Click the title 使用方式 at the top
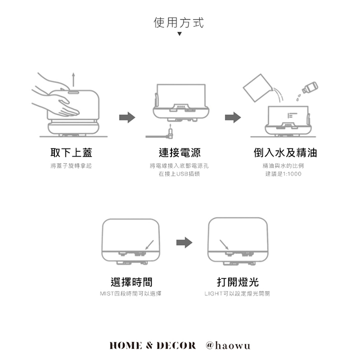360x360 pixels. [178, 22]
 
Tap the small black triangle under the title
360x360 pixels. [179, 34]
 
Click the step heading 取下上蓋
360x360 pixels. [71, 152]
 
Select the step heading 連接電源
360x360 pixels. [179, 152]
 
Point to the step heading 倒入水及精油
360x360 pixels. [285, 152]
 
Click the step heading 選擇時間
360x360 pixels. [131, 282]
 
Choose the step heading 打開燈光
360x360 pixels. [237, 282]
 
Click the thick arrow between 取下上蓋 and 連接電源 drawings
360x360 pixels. [127, 117]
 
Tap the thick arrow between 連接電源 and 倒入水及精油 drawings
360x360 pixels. [233, 117]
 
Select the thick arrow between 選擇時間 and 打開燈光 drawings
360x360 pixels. [184, 242]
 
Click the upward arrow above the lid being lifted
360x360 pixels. [73, 79]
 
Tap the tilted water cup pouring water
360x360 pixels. [257, 87]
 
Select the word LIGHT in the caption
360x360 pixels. [213, 293]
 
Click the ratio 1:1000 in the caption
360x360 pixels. [292, 174]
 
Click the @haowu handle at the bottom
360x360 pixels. [228, 345]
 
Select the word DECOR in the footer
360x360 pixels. [176, 345]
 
